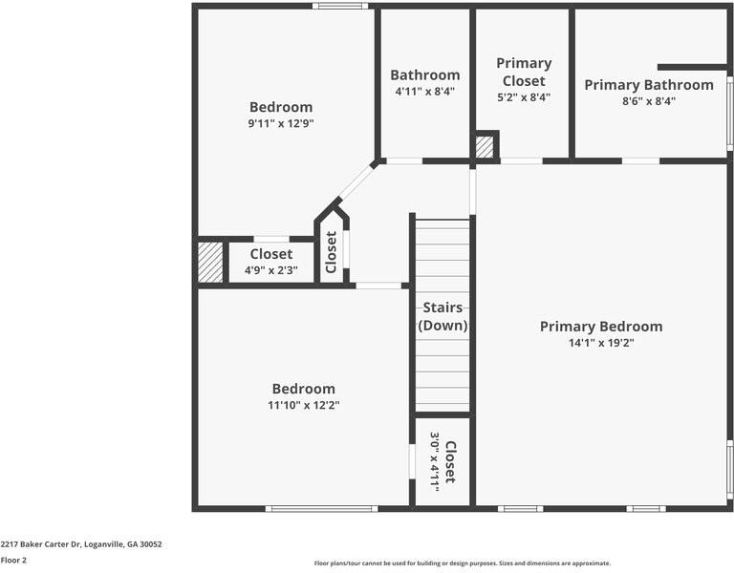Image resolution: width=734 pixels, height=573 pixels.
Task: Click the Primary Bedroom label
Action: pyautogui.click(x=600, y=327)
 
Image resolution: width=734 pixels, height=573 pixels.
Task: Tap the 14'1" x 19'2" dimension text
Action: pyautogui.click(x=600, y=343)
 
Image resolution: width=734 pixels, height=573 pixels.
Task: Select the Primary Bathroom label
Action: pyautogui.click(x=648, y=85)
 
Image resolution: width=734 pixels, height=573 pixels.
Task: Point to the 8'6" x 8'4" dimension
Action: pyautogui.click(x=648, y=101)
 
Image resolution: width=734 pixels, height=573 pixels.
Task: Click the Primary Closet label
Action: pyautogui.click(x=524, y=72)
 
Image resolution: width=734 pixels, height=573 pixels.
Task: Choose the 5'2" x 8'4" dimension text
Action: pyautogui.click(x=524, y=96)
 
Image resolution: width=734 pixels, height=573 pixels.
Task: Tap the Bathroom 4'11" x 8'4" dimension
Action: pyautogui.click(x=424, y=92)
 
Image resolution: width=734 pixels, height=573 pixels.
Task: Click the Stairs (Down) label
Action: pyautogui.click(x=443, y=316)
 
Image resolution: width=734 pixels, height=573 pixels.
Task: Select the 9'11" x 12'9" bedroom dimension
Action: pyautogui.click(x=281, y=123)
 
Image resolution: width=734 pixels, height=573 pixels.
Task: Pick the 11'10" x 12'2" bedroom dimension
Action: pyautogui.click(x=304, y=405)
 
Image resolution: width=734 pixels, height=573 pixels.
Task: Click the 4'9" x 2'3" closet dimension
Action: pyautogui.click(x=271, y=270)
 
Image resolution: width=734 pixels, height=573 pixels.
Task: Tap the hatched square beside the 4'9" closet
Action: pyautogui.click(x=210, y=263)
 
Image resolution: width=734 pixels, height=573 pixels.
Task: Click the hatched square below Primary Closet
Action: pyautogui.click(x=486, y=147)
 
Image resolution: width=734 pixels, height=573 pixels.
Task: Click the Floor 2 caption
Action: pyautogui.click(x=13, y=561)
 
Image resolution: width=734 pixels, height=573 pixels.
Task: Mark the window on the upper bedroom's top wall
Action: pyautogui.click(x=340, y=7)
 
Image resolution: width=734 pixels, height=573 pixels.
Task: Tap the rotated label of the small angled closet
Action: pyautogui.click(x=331, y=251)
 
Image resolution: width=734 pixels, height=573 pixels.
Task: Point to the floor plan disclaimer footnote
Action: pyautogui.click(x=462, y=563)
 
